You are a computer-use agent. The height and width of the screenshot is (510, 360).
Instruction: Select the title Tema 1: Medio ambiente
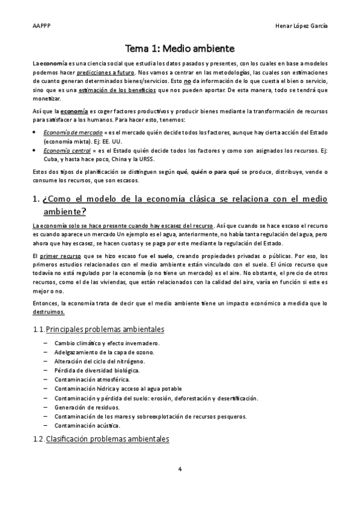click(180, 48)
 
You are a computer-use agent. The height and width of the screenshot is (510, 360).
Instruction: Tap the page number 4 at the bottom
click(180, 469)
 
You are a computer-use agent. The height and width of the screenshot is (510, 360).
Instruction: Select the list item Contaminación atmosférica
click(91, 379)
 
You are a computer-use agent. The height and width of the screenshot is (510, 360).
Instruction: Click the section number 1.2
click(38, 440)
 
